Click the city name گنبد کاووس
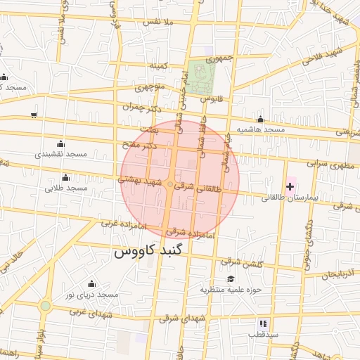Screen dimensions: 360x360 pos(153,251)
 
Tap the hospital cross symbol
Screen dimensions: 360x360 pos(290,186)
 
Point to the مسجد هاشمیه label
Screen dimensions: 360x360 pos(260,130)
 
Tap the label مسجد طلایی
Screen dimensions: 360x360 pos(66,188)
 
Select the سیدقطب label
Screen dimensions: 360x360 pos(264,335)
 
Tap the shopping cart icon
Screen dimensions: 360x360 pos(34,115)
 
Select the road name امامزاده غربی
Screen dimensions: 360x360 pos(117,224)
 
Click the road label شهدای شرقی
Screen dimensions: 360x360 pos(182,317)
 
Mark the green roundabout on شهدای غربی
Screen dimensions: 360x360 pos(46,306)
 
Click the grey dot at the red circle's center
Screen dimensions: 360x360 pos(169,184)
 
